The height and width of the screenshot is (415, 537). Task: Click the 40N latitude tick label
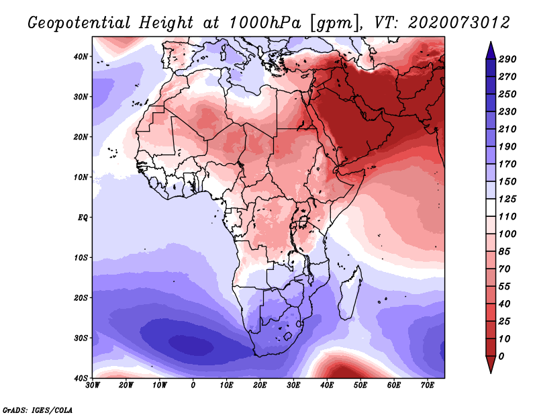coord(81,56)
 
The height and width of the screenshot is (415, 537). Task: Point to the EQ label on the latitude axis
coord(83,218)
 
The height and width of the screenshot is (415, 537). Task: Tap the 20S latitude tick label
coord(81,297)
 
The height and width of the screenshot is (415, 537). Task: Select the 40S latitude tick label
coord(81,378)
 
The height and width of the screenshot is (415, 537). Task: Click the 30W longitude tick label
coord(93,385)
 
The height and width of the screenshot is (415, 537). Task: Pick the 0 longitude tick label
coord(193,385)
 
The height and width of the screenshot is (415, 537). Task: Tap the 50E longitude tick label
coord(360,385)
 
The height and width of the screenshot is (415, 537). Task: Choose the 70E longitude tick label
coord(428,385)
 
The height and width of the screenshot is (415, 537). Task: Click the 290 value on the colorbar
coord(507,59)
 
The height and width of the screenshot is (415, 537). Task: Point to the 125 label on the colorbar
coord(507,199)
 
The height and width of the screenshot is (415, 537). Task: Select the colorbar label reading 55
coord(505,287)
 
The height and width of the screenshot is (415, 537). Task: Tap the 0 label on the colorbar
coord(501,357)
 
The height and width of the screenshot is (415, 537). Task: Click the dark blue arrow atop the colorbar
coord(491,52)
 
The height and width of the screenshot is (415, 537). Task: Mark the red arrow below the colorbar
coord(491,364)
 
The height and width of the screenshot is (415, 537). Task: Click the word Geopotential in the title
coord(79,24)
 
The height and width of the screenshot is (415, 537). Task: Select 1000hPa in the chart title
coord(265,23)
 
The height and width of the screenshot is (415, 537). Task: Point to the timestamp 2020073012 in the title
coord(459,23)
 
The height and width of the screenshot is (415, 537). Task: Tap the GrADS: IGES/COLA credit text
coord(38,410)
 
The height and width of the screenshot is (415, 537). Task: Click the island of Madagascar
coord(350,295)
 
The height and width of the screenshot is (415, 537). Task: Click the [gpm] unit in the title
coord(336,24)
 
